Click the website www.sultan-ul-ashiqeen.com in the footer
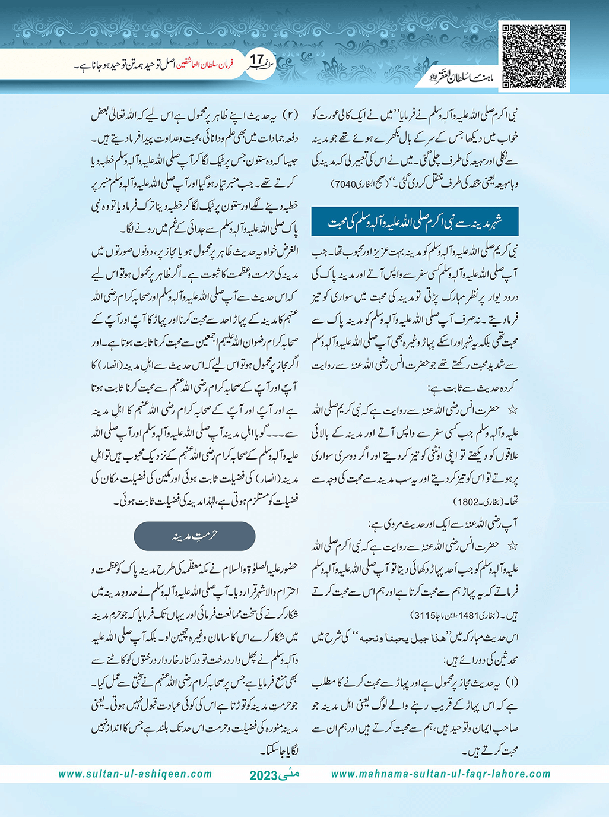click(135, 774)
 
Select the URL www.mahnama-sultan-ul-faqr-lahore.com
click(440, 774)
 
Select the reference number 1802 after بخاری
click(466, 502)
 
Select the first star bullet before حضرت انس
click(512, 410)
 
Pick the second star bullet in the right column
click(512, 545)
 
